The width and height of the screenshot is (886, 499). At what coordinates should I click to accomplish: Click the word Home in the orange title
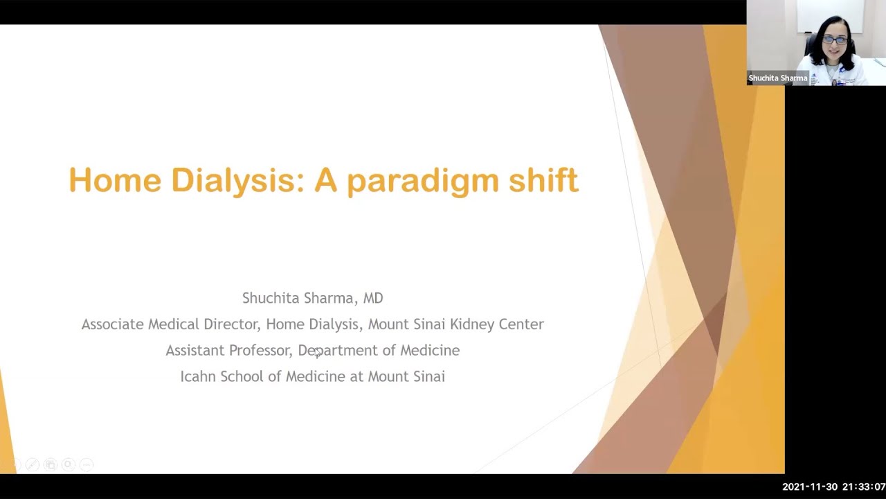pyautogui.click(x=114, y=180)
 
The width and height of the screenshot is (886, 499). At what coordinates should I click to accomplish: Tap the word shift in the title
pyautogui.click(x=543, y=180)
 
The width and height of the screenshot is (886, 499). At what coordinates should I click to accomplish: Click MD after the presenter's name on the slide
pyautogui.click(x=373, y=298)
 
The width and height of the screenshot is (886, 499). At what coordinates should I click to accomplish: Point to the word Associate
pyautogui.click(x=112, y=324)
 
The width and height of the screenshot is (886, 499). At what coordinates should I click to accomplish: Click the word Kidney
pyautogui.click(x=472, y=324)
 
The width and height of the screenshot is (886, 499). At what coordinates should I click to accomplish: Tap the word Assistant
pyautogui.click(x=193, y=351)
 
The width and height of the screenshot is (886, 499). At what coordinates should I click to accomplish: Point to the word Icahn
pyautogui.click(x=197, y=376)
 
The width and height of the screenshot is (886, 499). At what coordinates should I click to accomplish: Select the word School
pyautogui.click(x=242, y=376)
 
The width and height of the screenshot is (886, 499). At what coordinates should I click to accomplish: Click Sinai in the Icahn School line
pyautogui.click(x=427, y=376)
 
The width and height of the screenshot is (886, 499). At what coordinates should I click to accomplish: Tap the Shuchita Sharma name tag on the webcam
pyautogui.click(x=777, y=78)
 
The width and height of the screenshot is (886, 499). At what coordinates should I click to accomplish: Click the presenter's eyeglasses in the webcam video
pyautogui.click(x=835, y=40)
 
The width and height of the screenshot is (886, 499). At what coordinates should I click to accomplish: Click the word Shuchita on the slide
pyautogui.click(x=269, y=298)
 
